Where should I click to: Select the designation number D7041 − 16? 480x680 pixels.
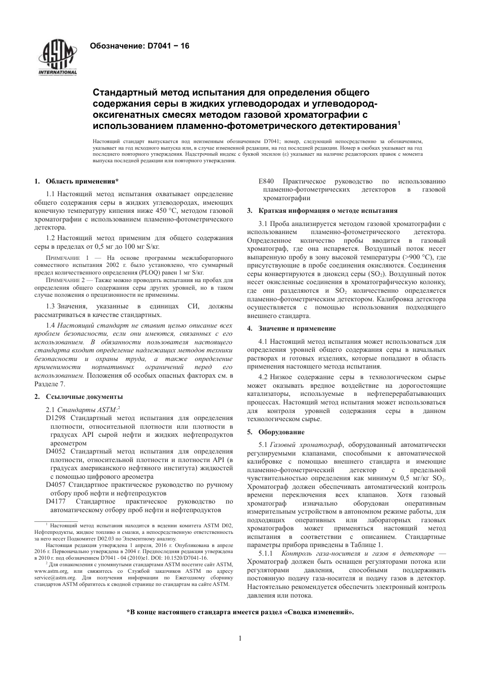169,46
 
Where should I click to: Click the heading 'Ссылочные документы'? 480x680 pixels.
84,396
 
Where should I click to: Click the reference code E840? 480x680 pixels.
266,182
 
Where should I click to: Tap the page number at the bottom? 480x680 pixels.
240,638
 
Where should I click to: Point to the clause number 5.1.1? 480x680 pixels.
266,554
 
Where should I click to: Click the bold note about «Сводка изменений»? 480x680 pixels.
240,612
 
